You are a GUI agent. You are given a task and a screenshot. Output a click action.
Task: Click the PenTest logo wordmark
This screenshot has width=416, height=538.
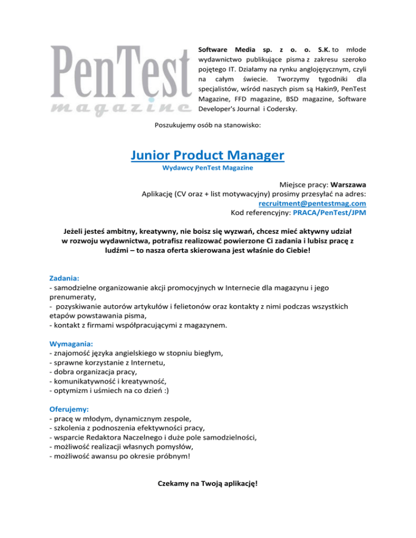[120, 70]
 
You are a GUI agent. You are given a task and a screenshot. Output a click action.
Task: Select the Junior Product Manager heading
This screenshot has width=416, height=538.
[207, 156]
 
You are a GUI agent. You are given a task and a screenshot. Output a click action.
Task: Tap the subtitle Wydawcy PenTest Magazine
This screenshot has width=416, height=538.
[207, 168]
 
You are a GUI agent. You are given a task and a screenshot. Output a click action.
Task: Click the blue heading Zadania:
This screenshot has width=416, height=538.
[64, 277]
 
